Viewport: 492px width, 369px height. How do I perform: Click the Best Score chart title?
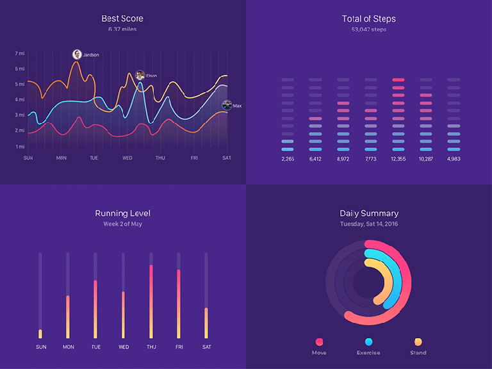[x=122, y=19]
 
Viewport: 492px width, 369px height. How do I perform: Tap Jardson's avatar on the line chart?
[x=77, y=54]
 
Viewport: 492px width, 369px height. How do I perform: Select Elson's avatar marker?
[x=140, y=75]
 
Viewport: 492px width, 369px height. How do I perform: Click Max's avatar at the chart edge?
[x=226, y=105]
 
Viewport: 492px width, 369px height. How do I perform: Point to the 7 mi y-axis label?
[x=20, y=53]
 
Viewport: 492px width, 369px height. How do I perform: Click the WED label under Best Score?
[x=127, y=158]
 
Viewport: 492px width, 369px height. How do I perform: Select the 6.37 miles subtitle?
[x=122, y=29]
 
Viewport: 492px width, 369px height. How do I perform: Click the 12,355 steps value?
[x=398, y=159]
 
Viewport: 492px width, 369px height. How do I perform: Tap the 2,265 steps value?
[x=288, y=159]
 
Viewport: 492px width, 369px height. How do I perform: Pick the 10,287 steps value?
[x=426, y=159]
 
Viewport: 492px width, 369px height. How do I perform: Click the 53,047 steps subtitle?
[x=369, y=29]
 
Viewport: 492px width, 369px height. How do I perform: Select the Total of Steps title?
[x=369, y=19]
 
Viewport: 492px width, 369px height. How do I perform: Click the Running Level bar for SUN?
[x=40, y=333]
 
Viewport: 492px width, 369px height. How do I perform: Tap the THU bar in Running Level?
[x=151, y=301]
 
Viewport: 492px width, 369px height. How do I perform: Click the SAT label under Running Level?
[x=206, y=347]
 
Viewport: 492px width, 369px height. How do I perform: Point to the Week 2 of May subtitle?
[x=122, y=224]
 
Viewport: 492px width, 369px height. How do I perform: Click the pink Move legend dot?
[x=319, y=342]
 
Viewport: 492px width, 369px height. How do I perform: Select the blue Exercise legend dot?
[x=368, y=342]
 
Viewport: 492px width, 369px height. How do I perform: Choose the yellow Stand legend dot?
[x=418, y=342]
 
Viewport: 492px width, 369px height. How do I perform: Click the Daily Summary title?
[x=369, y=213]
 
